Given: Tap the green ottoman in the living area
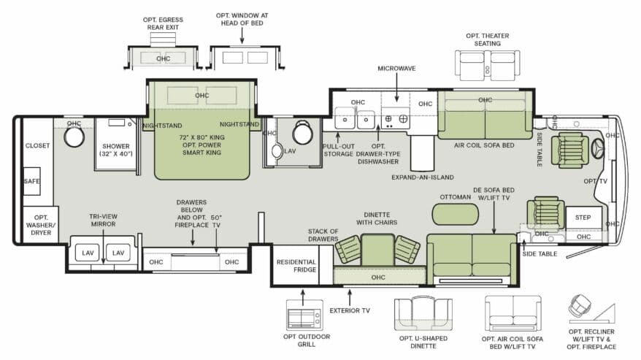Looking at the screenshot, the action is click(x=455, y=214).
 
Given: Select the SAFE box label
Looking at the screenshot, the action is click(x=31, y=181).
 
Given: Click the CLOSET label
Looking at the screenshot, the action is click(x=38, y=145).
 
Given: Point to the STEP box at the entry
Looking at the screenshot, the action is click(x=583, y=218).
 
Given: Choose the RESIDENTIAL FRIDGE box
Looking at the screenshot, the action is click(x=296, y=266).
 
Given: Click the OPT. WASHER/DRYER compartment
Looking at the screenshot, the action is click(x=40, y=225).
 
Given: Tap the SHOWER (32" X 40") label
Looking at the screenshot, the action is click(x=116, y=150).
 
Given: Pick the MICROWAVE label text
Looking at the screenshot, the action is click(x=396, y=69).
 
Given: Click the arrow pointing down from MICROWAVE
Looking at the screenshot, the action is click(x=396, y=88).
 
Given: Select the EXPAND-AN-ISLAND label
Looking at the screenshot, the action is click(x=423, y=177).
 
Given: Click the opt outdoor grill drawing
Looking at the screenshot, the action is click(x=304, y=315).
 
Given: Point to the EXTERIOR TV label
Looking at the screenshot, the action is click(x=350, y=310).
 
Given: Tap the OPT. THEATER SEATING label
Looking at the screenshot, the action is click(x=487, y=39).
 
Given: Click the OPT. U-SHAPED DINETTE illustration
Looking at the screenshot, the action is click(x=423, y=314).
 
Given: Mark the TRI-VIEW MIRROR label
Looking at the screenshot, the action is click(x=104, y=220).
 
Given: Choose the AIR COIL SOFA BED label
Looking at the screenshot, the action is click(x=484, y=145).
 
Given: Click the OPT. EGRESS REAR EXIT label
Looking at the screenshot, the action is click(x=163, y=23).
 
